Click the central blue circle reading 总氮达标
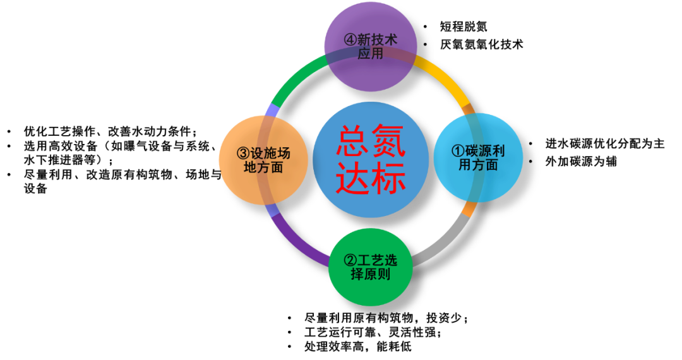click(x=371, y=159)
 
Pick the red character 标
click(x=389, y=179)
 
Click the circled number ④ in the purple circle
click(x=350, y=40)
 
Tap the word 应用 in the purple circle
click(x=371, y=54)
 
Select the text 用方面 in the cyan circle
click(x=478, y=165)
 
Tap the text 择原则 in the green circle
click(x=371, y=275)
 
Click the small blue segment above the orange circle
click(x=273, y=110)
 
